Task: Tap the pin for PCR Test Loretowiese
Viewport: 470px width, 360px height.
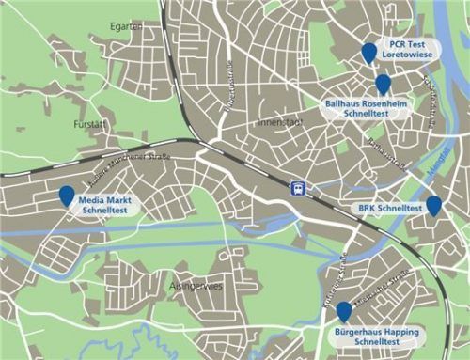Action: coord(369,53)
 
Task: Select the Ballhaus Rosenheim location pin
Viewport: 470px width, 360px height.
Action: coord(383,85)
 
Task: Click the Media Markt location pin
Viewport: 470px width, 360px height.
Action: coord(67,196)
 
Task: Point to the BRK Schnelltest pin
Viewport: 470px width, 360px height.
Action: coord(433,205)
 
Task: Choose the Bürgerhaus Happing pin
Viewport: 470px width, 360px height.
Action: coord(344,311)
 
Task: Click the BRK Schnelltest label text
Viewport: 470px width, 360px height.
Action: coord(389,207)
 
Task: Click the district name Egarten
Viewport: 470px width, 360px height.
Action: coord(125,26)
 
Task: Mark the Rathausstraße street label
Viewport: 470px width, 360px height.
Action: coord(384,151)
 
